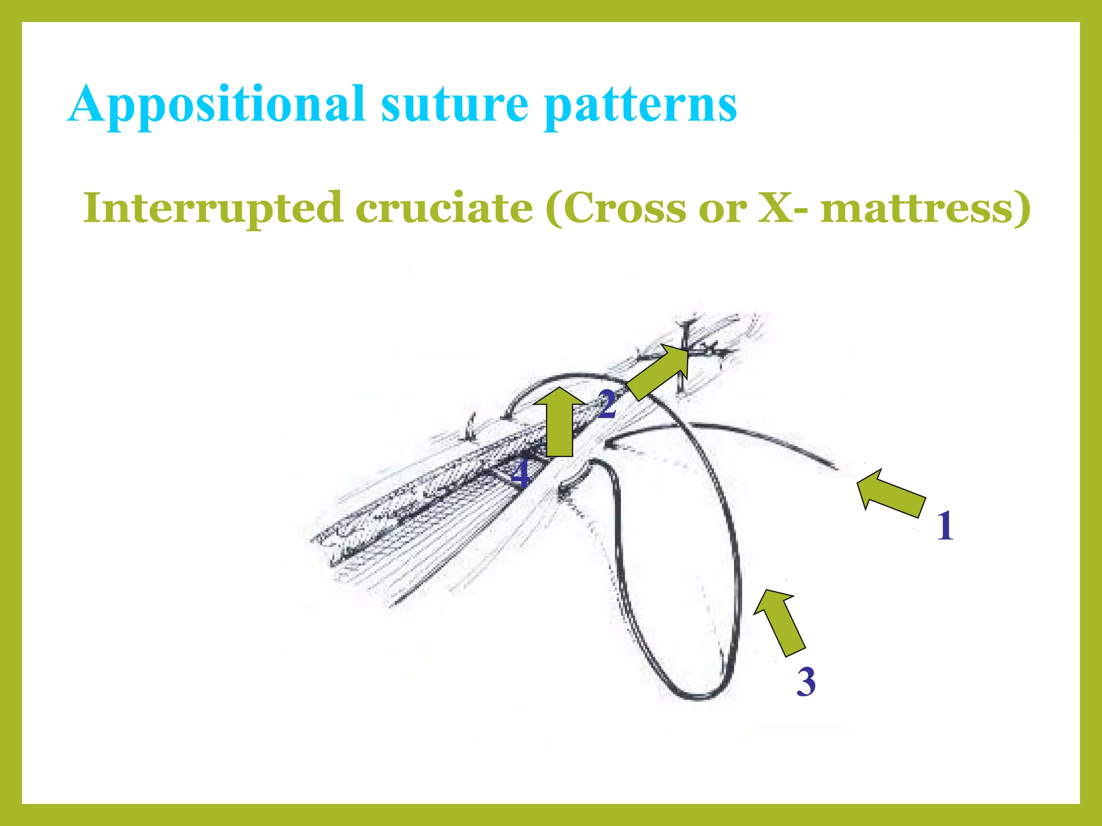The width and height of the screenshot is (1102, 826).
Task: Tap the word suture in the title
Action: (455, 105)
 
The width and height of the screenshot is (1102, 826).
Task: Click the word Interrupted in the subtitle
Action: (213, 208)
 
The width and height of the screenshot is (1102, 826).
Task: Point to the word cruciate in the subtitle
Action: (444, 208)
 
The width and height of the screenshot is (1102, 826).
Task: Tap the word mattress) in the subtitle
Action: (925, 208)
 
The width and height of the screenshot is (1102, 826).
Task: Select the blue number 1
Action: (945, 526)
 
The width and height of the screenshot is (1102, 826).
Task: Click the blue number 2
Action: (607, 404)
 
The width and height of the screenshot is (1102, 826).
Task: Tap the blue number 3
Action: (806, 682)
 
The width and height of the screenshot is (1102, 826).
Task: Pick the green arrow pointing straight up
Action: (560, 422)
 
